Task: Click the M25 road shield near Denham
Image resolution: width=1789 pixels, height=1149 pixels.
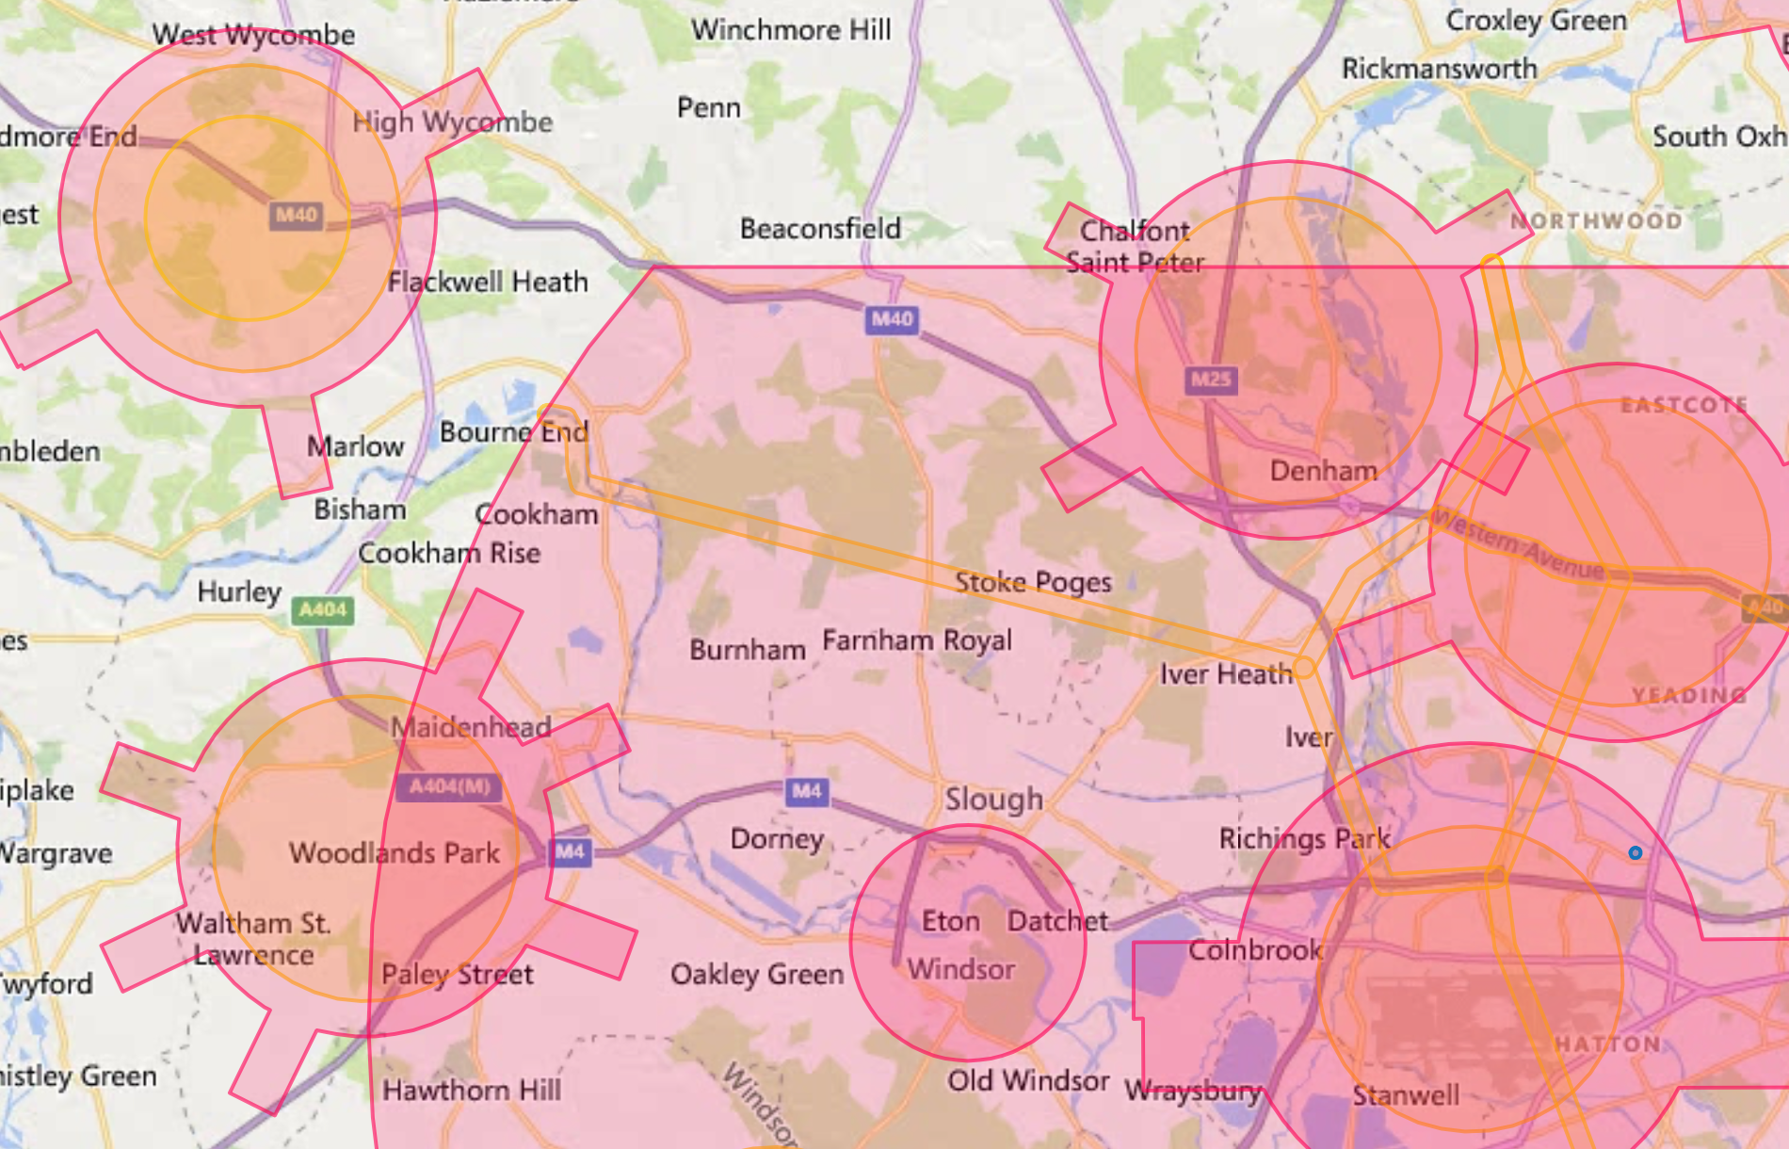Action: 1210,380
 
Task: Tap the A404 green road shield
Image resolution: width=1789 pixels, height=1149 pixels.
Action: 323,610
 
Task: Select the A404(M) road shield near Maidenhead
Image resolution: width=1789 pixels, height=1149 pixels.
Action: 449,786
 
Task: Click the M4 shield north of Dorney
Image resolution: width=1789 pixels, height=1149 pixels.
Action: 806,791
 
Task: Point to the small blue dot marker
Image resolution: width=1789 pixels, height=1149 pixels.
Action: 1636,852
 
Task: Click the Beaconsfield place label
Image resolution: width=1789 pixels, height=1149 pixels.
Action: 820,229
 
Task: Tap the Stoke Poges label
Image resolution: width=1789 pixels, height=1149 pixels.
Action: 1033,583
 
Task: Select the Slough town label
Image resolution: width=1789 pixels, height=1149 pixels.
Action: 993,800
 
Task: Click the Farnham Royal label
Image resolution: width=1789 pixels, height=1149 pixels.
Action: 917,641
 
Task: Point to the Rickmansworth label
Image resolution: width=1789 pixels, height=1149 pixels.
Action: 1439,69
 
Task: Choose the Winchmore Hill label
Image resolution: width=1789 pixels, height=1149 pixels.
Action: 791,30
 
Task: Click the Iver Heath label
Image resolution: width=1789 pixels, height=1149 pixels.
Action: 1225,674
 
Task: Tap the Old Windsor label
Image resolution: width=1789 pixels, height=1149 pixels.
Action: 1028,1080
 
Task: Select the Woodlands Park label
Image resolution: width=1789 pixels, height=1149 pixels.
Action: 395,853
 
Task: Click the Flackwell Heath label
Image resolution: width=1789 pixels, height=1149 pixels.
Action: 488,282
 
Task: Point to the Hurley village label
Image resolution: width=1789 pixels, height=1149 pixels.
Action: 239,592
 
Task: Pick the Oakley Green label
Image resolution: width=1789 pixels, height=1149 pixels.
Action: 757,974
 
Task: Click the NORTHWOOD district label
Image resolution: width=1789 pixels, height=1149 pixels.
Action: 1596,221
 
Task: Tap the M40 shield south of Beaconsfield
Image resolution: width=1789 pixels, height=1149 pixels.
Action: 891,319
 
